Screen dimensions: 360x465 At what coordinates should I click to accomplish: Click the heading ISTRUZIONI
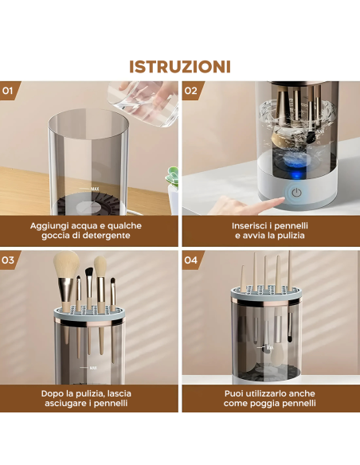pyautogui.click(x=180, y=67)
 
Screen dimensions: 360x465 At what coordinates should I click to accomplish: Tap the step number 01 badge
pyautogui.click(x=9, y=91)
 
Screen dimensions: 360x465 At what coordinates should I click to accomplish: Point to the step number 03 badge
pyautogui.click(x=9, y=260)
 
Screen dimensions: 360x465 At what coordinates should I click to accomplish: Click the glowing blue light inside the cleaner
pyautogui.click(x=296, y=174)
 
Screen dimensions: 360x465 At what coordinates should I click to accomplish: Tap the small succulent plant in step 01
pyautogui.click(x=172, y=178)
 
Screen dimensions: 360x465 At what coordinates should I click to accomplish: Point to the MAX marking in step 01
pyautogui.click(x=95, y=189)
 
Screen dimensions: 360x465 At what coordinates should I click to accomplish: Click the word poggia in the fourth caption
pyautogui.click(x=264, y=404)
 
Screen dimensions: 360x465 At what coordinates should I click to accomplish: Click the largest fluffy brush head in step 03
pyautogui.click(x=66, y=265)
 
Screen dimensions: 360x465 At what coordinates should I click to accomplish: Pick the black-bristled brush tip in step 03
pyautogui.click(x=89, y=273)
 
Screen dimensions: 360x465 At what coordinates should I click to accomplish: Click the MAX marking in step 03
pyautogui.click(x=93, y=368)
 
